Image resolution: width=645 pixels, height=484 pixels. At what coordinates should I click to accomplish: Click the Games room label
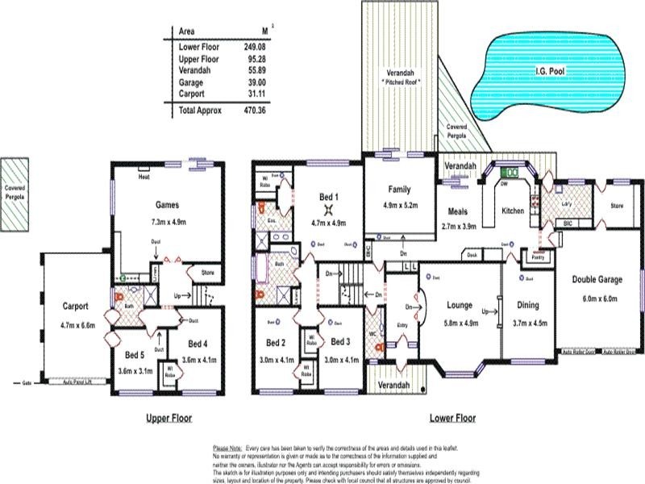tap(167, 205)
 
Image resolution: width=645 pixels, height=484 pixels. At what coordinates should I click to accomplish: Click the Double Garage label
tap(597, 279)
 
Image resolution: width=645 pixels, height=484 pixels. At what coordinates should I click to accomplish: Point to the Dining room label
tap(529, 306)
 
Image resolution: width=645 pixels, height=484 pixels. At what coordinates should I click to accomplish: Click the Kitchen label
tap(513, 211)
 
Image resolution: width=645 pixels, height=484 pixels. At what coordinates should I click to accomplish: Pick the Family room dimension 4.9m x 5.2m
tap(400, 205)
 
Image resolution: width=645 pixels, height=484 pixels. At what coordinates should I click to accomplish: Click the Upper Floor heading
tap(169, 419)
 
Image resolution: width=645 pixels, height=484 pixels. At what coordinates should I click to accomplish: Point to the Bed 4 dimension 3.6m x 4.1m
tap(199, 361)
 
